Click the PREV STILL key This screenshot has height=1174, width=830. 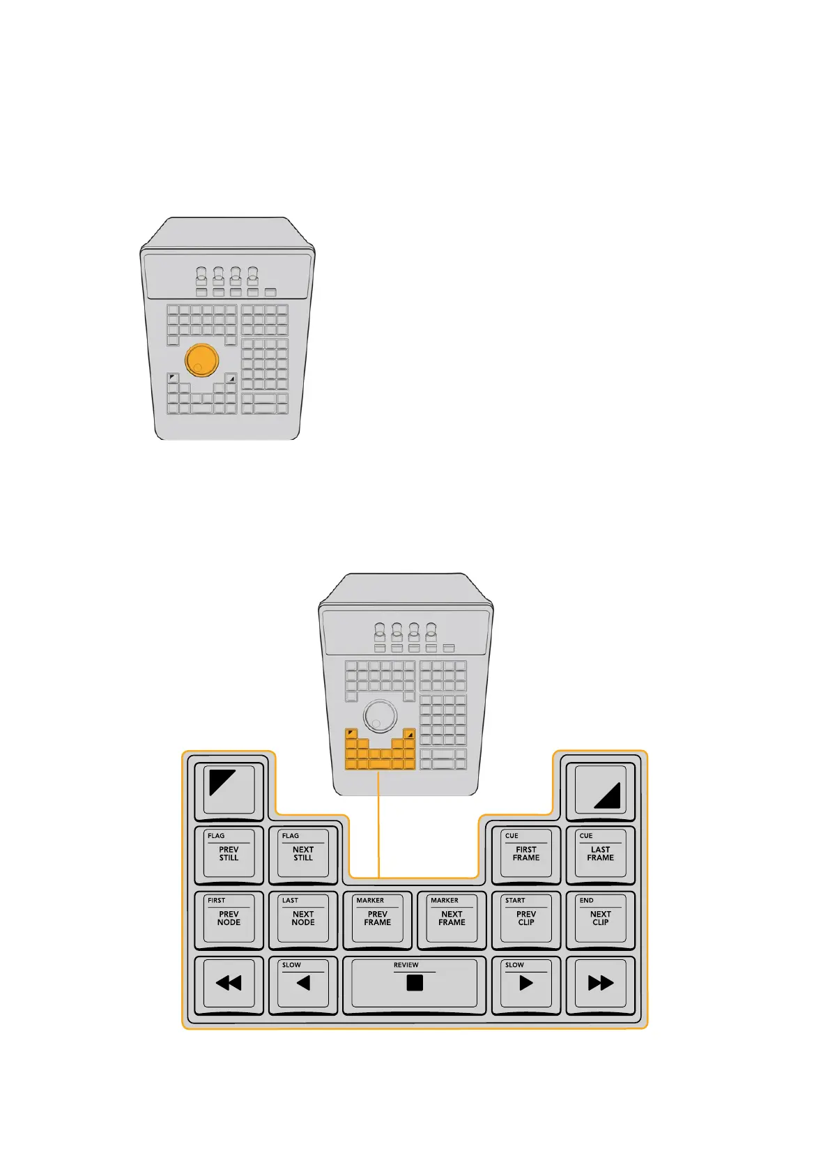(229, 854)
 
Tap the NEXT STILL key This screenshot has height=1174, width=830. (303, 854)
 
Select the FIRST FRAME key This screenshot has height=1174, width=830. (526, 854)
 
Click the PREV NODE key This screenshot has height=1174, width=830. (229, 919)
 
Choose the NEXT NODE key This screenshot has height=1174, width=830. (303, 919)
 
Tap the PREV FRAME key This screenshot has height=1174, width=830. (378, 919)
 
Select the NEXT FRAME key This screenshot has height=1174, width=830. (452, 919)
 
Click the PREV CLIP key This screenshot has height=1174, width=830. (526, 919)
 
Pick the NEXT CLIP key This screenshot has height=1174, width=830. (600, 919)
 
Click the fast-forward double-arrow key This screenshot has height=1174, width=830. (600, 984)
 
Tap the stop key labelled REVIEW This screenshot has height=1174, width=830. (415, 984)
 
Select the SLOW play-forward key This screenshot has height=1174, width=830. (526, 984)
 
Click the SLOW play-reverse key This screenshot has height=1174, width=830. (303, 984)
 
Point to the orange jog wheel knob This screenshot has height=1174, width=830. (202, 360)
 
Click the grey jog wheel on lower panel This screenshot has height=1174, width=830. (381, 716)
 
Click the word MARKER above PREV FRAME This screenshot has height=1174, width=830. (370, 900)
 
